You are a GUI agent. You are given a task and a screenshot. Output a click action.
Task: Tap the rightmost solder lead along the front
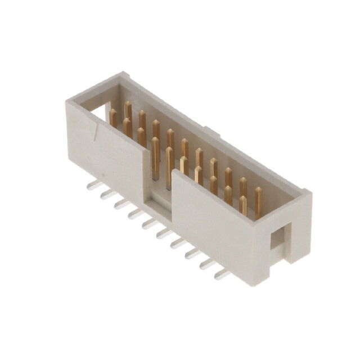(222, 275)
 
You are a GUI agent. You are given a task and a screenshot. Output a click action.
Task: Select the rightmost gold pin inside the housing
(258, 199)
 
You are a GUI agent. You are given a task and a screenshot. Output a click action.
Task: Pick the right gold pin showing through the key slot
(169, 166)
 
